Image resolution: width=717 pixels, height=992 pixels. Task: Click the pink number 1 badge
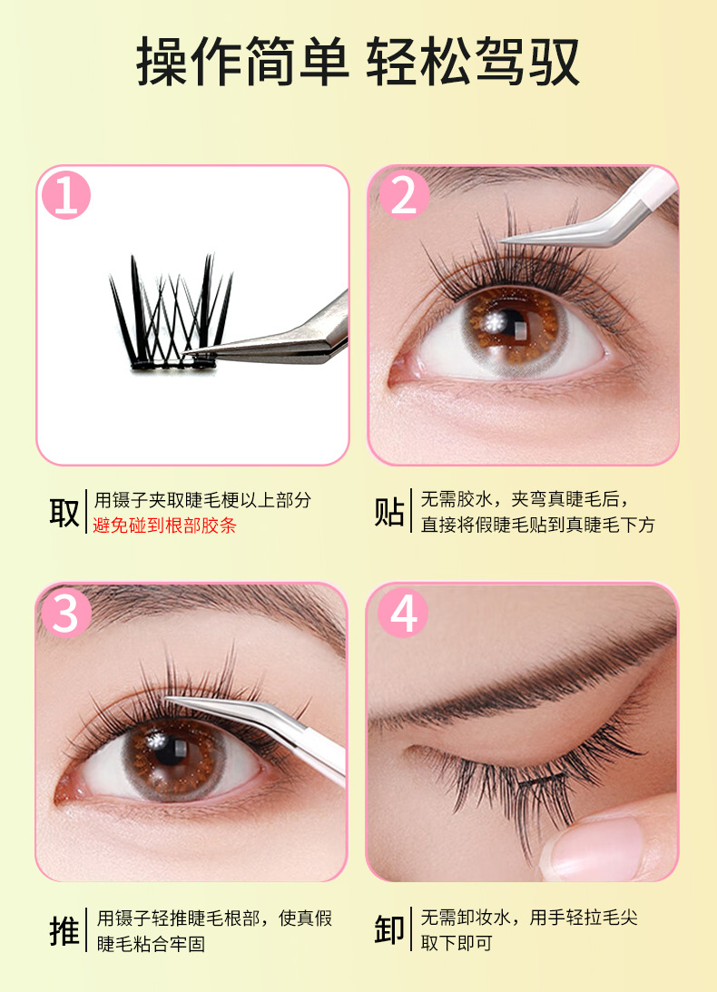66,195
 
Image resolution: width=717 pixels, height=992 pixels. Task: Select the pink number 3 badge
66,613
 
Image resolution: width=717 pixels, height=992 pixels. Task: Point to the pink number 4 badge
403,613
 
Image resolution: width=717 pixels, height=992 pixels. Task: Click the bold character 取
64,512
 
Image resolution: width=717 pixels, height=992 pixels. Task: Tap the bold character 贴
389,512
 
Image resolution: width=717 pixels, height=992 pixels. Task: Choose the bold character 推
64,930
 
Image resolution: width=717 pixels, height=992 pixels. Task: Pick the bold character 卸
389,930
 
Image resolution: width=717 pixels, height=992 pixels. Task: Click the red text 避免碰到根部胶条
164,525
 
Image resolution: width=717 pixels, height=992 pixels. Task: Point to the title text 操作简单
243,62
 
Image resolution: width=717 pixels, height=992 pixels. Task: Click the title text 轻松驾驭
474,62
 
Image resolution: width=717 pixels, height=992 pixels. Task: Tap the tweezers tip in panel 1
185,353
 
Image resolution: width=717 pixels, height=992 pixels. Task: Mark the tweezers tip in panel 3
167,699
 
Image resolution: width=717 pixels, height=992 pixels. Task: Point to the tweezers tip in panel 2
503,241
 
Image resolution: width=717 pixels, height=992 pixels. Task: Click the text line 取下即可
457,943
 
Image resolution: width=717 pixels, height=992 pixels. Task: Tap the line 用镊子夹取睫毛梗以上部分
202,500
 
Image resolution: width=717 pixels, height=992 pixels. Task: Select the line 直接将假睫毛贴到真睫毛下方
538,525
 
